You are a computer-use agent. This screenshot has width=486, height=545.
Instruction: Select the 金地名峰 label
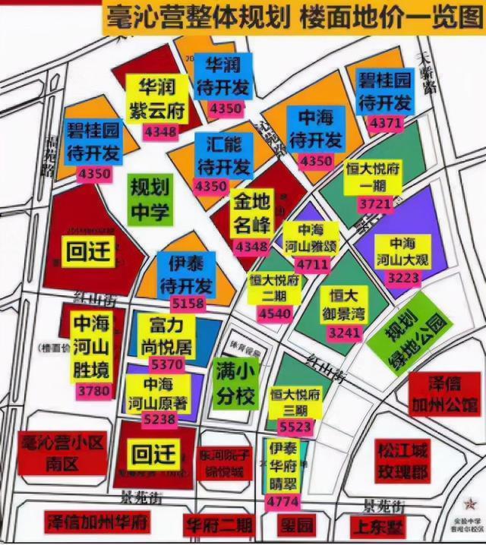coord(251,214)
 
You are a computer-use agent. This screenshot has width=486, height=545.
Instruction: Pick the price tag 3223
coord(403,278)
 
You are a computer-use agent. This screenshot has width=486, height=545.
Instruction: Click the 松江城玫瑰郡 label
coord(402,460)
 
